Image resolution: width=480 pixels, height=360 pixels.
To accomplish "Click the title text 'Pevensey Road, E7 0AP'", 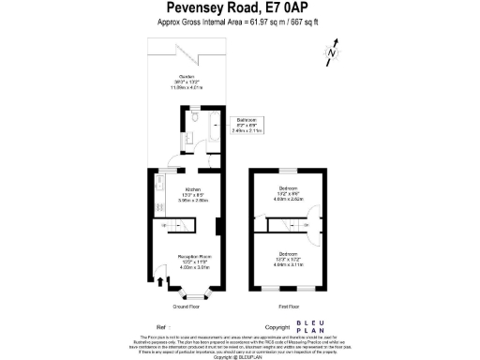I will [x=238, y=10].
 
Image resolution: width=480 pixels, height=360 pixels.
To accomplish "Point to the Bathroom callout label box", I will [x=247, y=125].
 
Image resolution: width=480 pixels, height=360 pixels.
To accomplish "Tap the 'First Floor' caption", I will [x=289, y=307].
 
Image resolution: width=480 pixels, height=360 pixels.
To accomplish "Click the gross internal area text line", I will [x=238, y=22].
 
